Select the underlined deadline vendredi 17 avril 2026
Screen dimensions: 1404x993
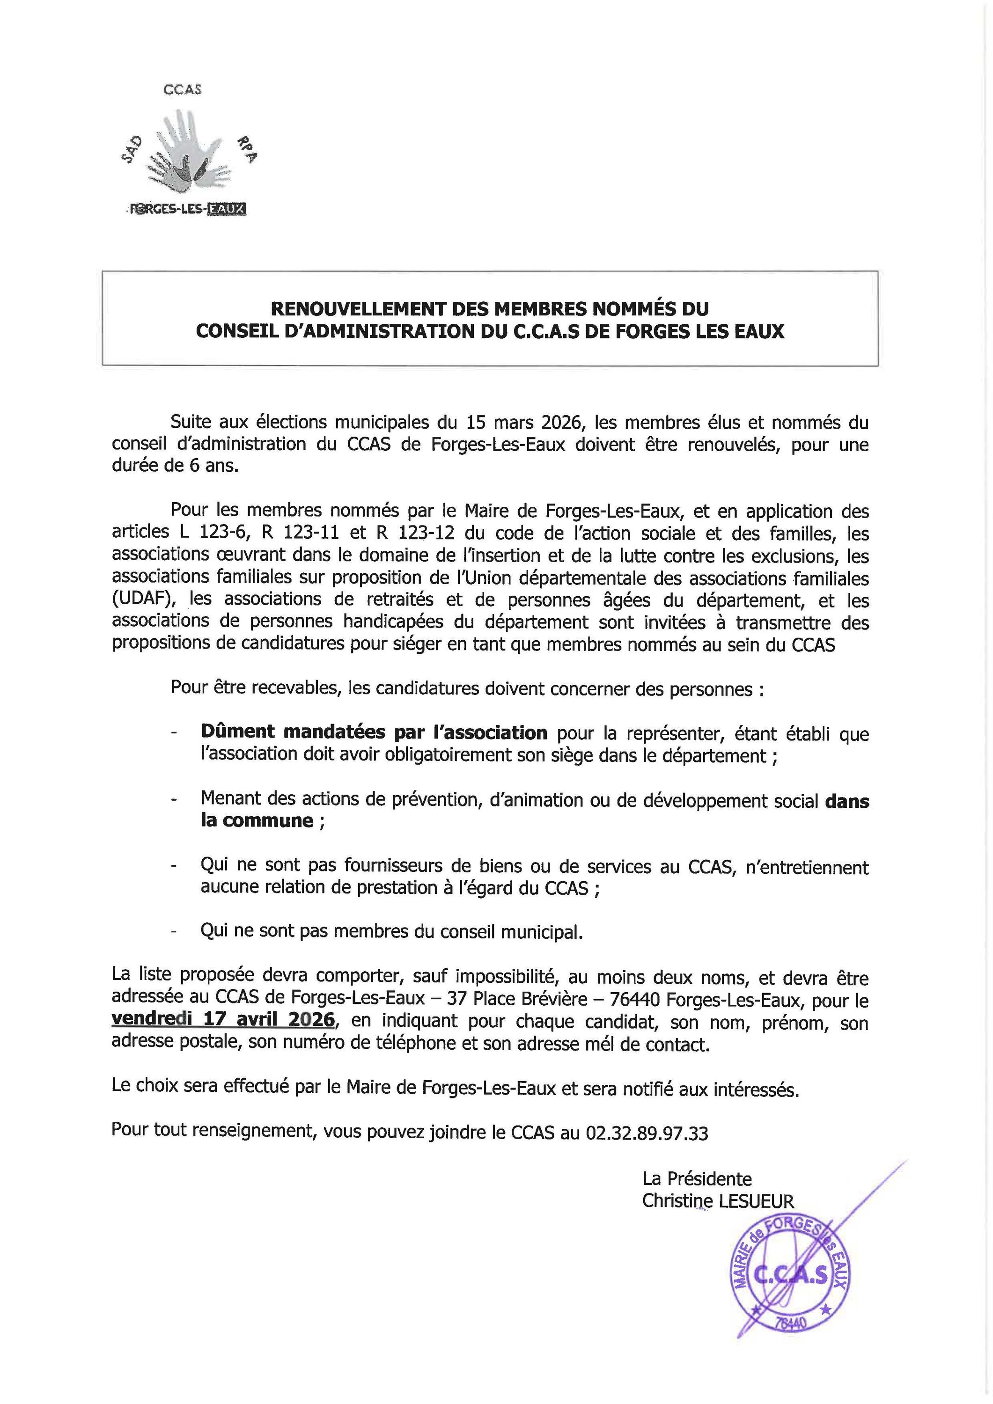pyautogui.click(x=223, y=1019)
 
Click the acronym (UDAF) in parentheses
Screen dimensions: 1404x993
pyautogui.click(x=145, y=600)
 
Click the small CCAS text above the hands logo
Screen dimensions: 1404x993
pyautogui.click(x=182, y=89)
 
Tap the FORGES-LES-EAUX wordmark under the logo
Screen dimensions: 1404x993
pyautogui.click(x=187, y=210)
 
